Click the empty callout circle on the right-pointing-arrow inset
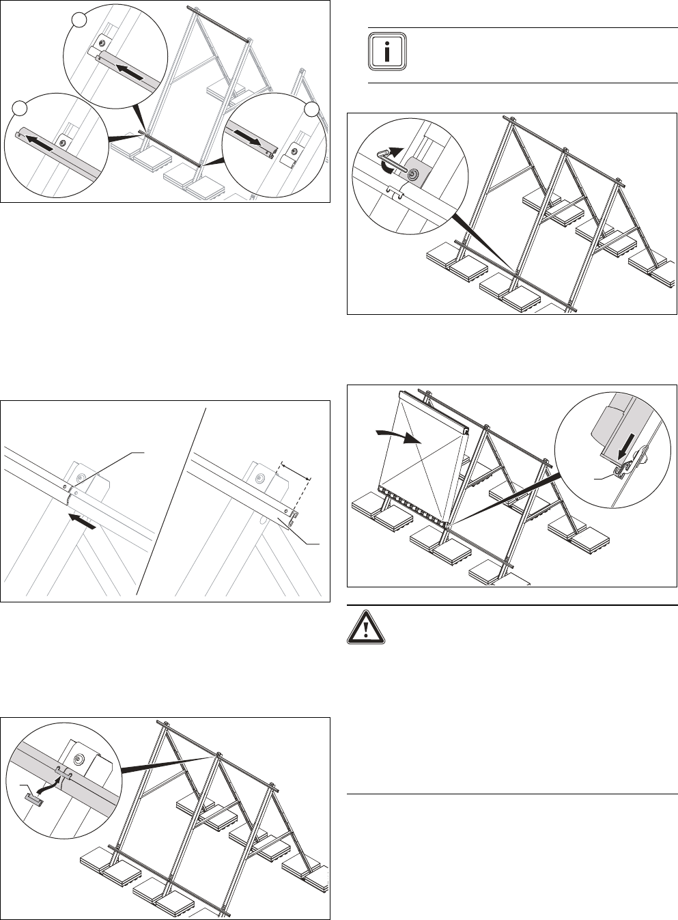point(313,109)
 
